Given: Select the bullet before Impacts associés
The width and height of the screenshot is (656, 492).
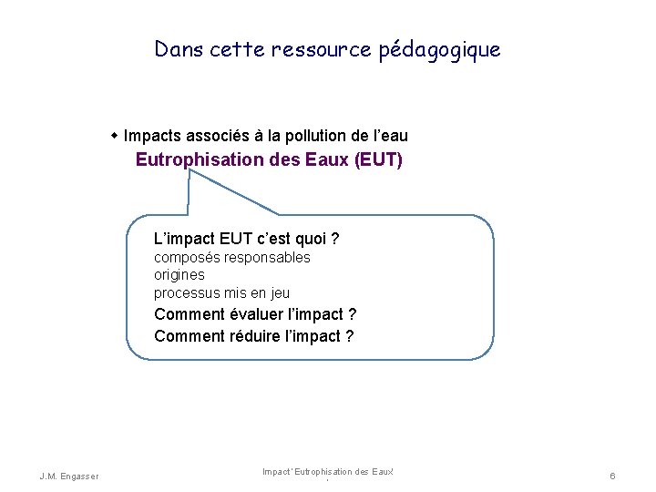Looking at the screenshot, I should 115,136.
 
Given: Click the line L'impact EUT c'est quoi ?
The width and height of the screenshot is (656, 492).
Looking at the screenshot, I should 247,239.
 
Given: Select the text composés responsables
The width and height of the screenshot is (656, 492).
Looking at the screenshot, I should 231,258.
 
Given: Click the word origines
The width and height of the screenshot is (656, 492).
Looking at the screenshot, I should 179,275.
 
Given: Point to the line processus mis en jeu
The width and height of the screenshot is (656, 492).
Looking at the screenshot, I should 221,292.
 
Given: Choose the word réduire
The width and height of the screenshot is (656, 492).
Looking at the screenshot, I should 254,336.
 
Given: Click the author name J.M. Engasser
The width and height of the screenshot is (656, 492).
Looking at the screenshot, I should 70,476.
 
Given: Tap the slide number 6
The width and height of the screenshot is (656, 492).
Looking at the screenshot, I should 613,476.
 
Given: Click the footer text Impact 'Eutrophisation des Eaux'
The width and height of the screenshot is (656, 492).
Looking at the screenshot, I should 327,471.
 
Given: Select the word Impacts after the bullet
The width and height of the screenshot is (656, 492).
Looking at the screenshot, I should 152,136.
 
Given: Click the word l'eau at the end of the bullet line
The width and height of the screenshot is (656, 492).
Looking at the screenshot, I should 391,136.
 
